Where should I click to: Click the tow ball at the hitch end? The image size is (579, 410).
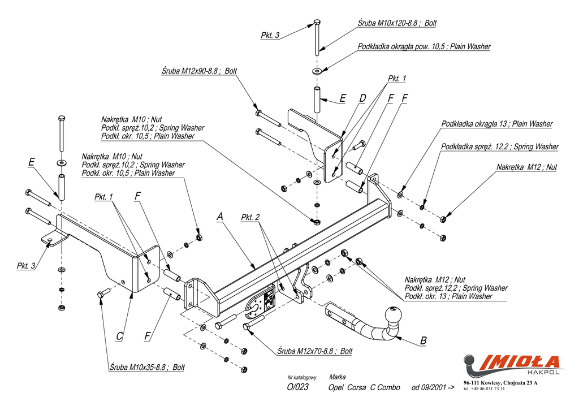pyautogui.click(x=392, y=314)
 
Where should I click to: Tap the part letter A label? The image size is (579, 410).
pyautogui.click(x=220, y=217)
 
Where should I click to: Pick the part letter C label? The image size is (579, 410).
pyautogui.click(x=119, y=336)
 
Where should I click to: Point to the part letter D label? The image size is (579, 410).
pyautogui.click(x=362, y=98)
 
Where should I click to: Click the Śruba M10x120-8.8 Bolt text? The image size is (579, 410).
pyautogui.click(x=397, y=23)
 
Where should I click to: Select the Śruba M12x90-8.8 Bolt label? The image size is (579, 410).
pyautogui.click(x=199, y=71)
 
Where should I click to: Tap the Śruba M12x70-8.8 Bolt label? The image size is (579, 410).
pyautogui.click(x=315, y=351)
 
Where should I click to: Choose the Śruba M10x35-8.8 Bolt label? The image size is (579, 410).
pyautogui.click(x=147, y=367)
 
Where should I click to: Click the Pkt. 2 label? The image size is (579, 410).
pyautogui.click(x=250, y=217)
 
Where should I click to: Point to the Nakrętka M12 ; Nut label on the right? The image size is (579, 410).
pyautogui.click(x=526, y=167)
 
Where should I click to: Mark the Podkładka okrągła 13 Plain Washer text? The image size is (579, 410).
pyautogui.click(x=497, y=124)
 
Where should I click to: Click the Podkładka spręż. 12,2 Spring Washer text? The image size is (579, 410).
pyautogui.click(x=500, y=146)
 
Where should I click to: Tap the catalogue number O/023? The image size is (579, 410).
pyautogui.click(x=298, y=387)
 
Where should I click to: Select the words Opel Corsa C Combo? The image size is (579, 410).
pyautogui.click(x=364, y=387)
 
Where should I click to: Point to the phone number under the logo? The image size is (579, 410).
pyautogui.click(x=484, y=389)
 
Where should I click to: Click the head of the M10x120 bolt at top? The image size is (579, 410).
pyautogui.click(x=317, y=23)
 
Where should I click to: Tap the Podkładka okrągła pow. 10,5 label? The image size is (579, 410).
pyautogui.click(x=424, y=46)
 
